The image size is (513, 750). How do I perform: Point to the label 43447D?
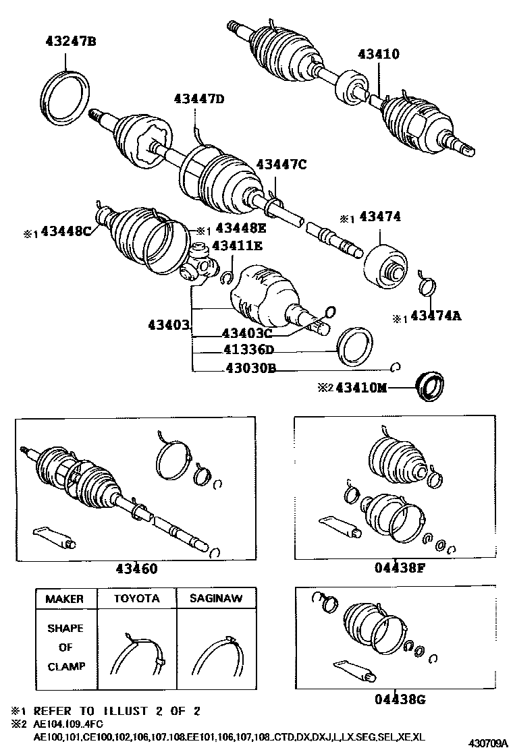coord(198,99)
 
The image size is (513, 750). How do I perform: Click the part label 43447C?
coord(281,164)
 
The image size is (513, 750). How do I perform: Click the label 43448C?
coord(65,231)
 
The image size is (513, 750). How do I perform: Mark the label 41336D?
coord(249,350)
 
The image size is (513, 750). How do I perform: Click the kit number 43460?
coord(134,569)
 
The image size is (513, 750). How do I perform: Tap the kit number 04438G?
coord(400,699)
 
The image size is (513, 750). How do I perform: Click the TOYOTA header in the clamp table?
coord(136,598)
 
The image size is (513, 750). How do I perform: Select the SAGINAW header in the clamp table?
coord(216,598)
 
